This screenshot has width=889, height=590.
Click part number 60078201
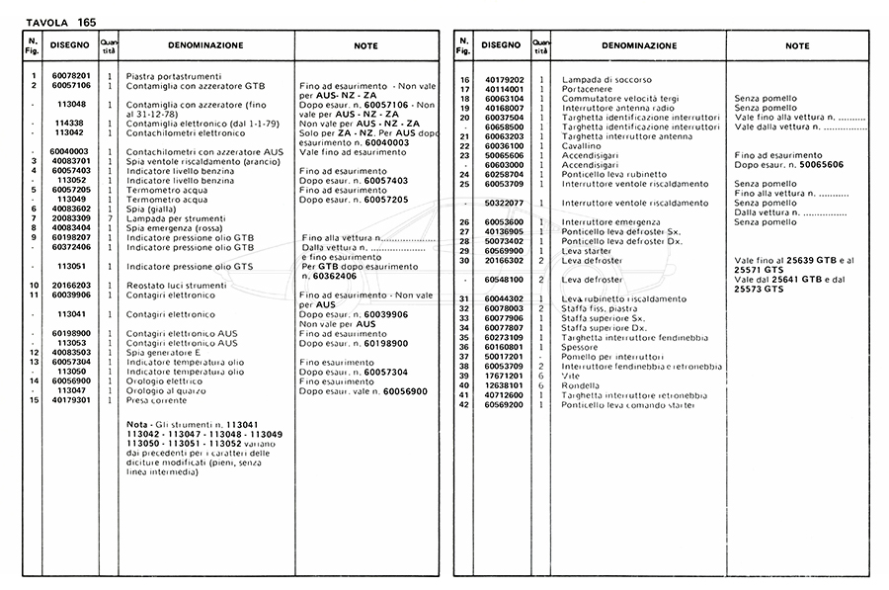click(70, 76)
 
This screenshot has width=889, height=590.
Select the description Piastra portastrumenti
click(174, 76)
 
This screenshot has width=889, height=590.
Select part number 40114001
click(505, 89)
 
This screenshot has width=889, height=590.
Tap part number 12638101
click(505, 385)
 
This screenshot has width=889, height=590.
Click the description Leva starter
click(588, 251)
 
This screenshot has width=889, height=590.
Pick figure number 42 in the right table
click(464, 404)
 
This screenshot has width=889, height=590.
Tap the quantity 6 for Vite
click(540, 376)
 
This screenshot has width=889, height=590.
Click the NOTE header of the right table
click(797, 45)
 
